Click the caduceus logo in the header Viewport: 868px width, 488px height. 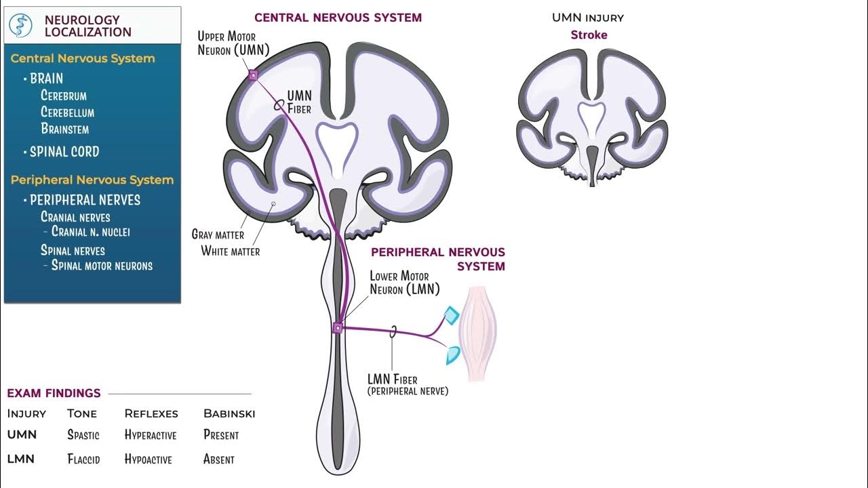coord(21,25)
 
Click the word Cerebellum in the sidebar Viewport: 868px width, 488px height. coord(67,113)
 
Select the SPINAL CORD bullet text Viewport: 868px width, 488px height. coord(64,152)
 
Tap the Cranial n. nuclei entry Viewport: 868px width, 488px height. coord(90,232)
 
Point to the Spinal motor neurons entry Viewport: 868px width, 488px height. coord(102,266)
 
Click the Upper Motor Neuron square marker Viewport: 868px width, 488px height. coord(253,75)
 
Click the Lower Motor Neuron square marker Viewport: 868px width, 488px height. coord(337,329)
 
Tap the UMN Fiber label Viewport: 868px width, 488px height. coord(299,102)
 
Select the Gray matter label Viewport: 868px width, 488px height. coord(218,235)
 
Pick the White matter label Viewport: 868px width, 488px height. coord(231,251)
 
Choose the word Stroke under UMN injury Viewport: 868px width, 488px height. coord(589,35)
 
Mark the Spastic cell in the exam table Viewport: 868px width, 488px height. coord(83,435)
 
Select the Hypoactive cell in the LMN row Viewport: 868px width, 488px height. coord(148,460)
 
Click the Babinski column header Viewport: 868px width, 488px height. coord(229,413)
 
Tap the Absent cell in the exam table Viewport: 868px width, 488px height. coord(218,460)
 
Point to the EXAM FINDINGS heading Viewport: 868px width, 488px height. coord(54,393)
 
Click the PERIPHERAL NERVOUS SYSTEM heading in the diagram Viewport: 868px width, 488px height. coord(438,259)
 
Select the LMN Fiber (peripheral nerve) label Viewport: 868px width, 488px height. coord(407,385)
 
